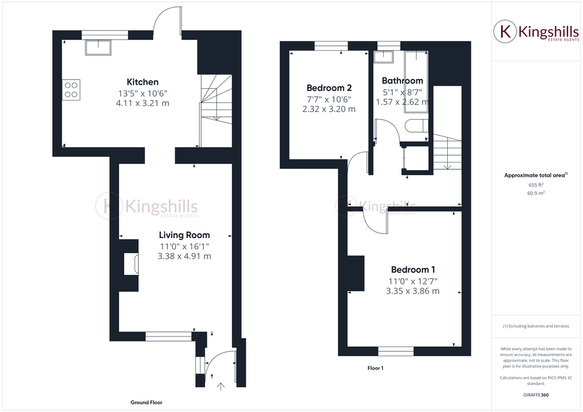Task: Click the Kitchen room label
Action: tap(143, 82)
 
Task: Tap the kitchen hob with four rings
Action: tap(72, 89)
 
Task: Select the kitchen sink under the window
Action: tap(99, 47)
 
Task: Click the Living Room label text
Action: tap(184, 235)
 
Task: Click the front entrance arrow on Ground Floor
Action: tap(222, 386)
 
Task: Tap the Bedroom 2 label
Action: tap(329, 88)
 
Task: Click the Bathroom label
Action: tap(402, 81)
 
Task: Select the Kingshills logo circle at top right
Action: tap(506, 31)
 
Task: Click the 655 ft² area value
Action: tap(535, 185)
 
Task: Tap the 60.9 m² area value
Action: tap(535, 193)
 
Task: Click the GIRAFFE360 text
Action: tap(535, 395)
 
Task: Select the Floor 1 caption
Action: tap(375, 368)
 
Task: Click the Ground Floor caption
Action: tap(147, 402)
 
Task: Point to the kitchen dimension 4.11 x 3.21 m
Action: tap(143, 103)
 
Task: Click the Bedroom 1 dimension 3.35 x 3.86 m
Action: tap(413, 291)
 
